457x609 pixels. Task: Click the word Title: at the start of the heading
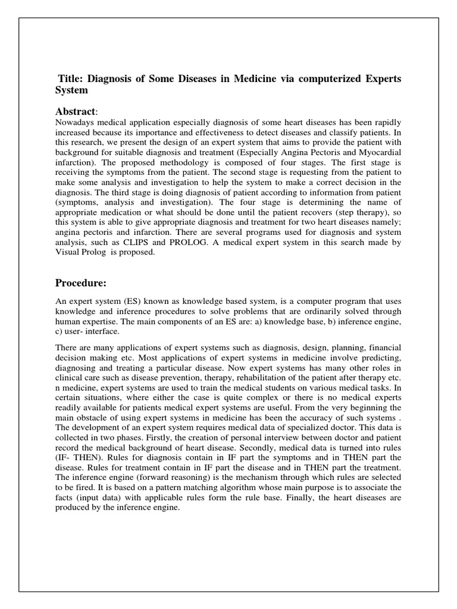72,80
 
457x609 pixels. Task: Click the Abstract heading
75,112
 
